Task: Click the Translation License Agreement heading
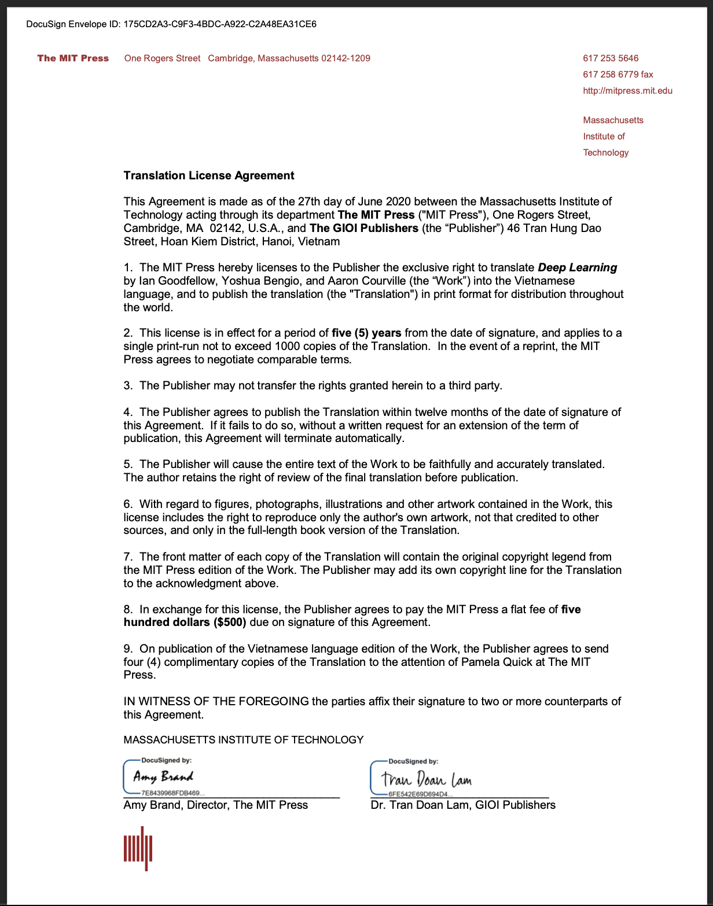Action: click(x=209, y=175)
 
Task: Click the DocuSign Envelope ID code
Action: click(x=220, y=24)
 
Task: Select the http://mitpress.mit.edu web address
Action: click(x=627, y=90)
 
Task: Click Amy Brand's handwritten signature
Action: click(x=163, y=776)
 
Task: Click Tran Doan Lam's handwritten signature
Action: click(x=427, y=779)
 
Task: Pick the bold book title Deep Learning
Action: click(x=577, y=267)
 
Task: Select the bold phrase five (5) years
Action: click(x=366, y=333)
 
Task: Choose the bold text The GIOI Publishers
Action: click(x=363, y=228)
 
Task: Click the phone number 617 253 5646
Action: click(x=611, y=58)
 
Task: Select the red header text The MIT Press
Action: click(x=73, y=58)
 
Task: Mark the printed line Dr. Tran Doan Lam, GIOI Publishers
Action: click(x=462, y=805)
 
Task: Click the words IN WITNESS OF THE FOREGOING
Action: click(x=216, y=701)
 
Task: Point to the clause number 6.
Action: click(x=127, y=504)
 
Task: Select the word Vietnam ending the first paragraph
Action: click(x=318, y=241)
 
